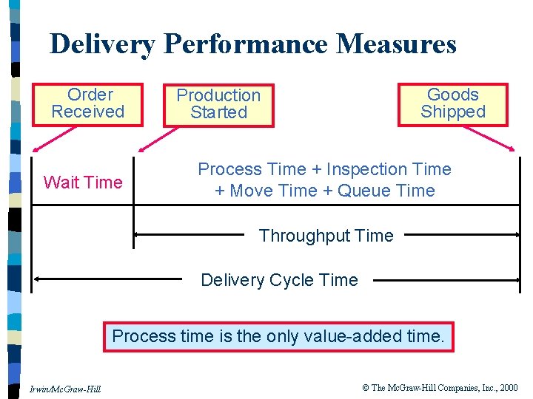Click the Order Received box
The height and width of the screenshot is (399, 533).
coord(87,104)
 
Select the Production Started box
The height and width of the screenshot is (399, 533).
coord(218,104)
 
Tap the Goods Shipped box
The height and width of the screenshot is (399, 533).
coord(453,104)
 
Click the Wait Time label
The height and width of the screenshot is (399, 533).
coord(83,183)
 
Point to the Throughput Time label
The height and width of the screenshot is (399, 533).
coord(326,236)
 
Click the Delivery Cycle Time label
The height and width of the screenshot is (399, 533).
coord(279,280)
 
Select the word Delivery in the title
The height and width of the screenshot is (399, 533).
coord(102,44)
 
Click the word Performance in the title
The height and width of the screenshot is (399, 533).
coord(245,44)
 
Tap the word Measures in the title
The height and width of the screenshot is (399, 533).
coord(396,44)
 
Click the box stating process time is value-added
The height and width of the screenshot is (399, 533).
coord(278,337)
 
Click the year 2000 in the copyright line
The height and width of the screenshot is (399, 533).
coord(508,388)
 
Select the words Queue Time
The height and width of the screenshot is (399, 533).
coord(386,191)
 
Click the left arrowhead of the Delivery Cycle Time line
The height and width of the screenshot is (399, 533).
coord(38,280)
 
